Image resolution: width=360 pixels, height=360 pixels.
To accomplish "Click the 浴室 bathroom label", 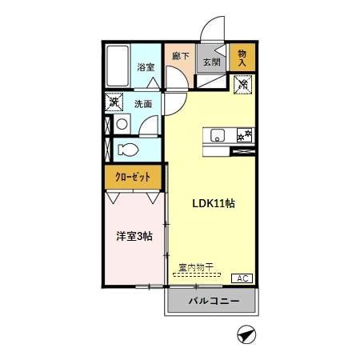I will (145, 68).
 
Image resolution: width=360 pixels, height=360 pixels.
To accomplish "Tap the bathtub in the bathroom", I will (118, 68).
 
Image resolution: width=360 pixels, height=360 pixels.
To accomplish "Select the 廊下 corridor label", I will (180, 57).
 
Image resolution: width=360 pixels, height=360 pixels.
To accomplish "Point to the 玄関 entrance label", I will (210, 62).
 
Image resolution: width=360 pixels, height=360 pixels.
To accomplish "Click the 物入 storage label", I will (242, 58).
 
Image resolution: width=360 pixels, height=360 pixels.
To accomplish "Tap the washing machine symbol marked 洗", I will (114, 102).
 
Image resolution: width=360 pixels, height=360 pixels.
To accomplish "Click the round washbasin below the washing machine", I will (120, 124).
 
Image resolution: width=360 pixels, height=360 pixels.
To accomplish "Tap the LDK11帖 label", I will (212, 202).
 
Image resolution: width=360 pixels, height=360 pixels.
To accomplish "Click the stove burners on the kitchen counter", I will (245, 134).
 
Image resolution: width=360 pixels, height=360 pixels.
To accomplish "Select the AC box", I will (241, 278).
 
